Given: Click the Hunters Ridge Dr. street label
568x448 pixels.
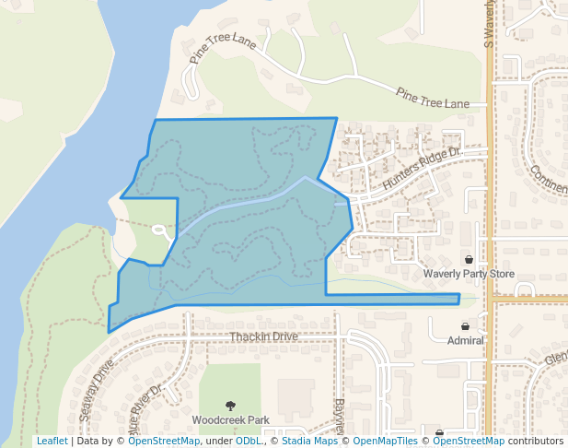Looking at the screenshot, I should click(421, 170).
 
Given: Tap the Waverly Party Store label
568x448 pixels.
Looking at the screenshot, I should click(468, 274).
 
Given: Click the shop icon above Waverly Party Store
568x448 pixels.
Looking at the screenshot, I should click(469, 260).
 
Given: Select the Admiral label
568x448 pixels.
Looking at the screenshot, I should click(465, 340).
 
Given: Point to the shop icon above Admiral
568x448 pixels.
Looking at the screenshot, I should click(465, 326).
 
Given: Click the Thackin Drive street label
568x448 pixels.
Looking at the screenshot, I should click(264, 336).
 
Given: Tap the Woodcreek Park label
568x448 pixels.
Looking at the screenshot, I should click(230, 419).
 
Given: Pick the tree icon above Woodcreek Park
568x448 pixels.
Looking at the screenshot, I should click(230, 405).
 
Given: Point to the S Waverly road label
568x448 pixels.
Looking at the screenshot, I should click(489, 24).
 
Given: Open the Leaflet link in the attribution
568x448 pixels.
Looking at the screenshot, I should click(52, 441).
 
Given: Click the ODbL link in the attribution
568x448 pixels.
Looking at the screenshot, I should click(249, 441).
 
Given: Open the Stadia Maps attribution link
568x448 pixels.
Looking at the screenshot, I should click(307, 441).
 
